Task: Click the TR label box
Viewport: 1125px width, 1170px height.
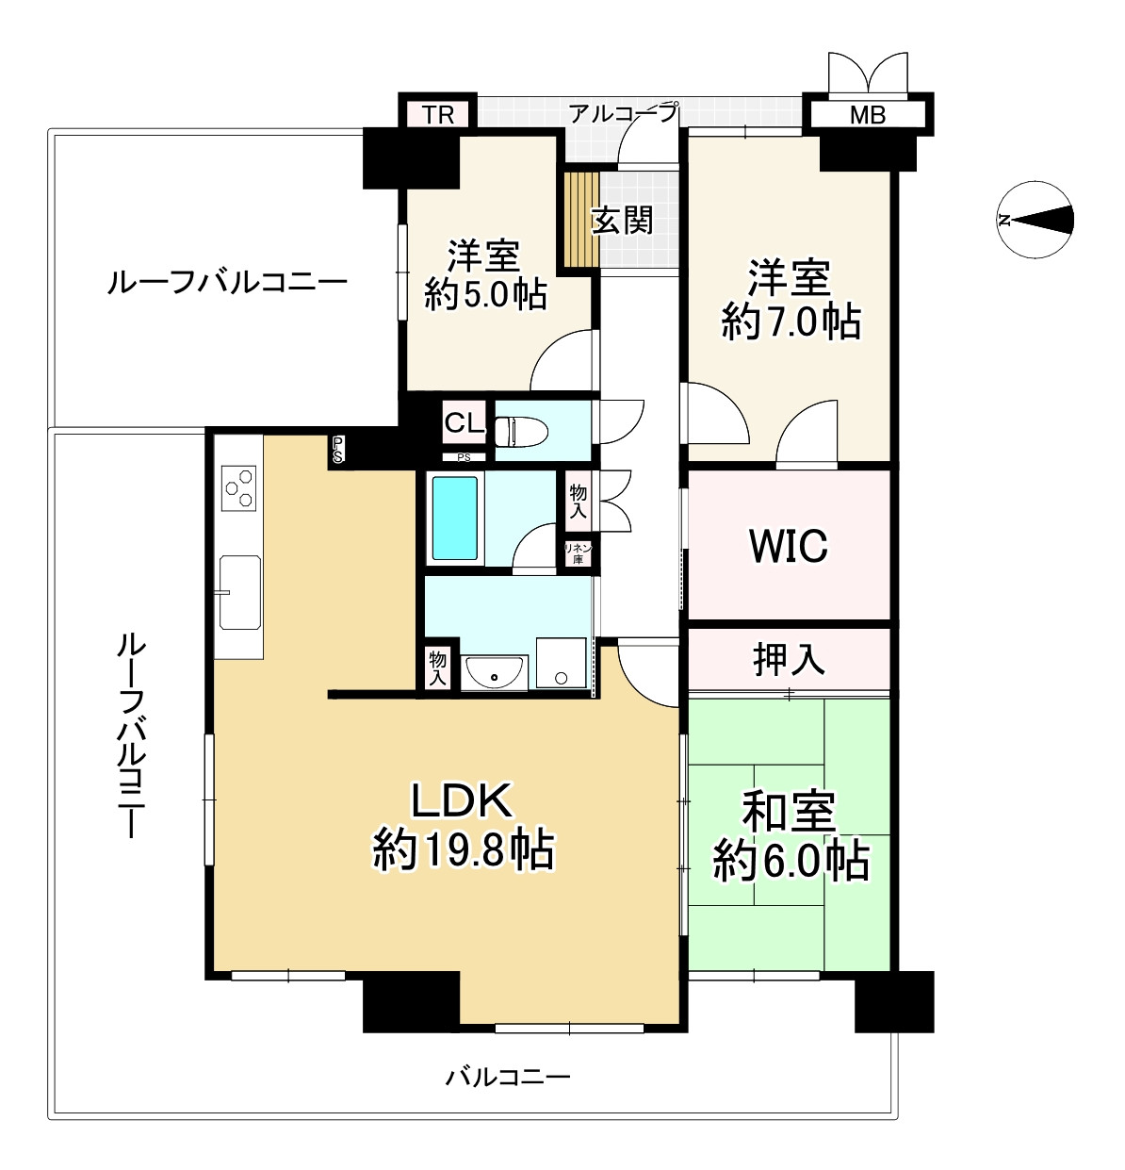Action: [438, 115]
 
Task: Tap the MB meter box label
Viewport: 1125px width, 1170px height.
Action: [867, 116]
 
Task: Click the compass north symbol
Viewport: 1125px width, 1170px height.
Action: [1035, 220]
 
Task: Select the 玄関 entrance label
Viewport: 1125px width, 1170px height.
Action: [622, 221]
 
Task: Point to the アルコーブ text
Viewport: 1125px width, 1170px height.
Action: [623, 114]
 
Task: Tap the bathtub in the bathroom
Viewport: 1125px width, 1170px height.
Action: [455, 518]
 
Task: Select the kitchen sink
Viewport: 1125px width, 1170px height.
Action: [240, 592]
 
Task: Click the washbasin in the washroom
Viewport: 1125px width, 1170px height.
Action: [496, 672]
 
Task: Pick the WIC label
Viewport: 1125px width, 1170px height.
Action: [788, 546]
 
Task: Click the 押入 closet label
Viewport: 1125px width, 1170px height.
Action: [789, 660]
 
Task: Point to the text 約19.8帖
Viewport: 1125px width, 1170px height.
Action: [464, 850]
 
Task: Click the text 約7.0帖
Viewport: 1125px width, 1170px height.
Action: [791, 323]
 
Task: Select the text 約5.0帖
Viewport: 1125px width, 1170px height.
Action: [485, 295]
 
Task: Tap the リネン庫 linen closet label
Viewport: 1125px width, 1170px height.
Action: [578, 553]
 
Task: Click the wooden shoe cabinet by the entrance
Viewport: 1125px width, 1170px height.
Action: [581, 220]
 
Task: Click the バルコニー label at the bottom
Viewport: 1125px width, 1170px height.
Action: [508, 1076]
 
